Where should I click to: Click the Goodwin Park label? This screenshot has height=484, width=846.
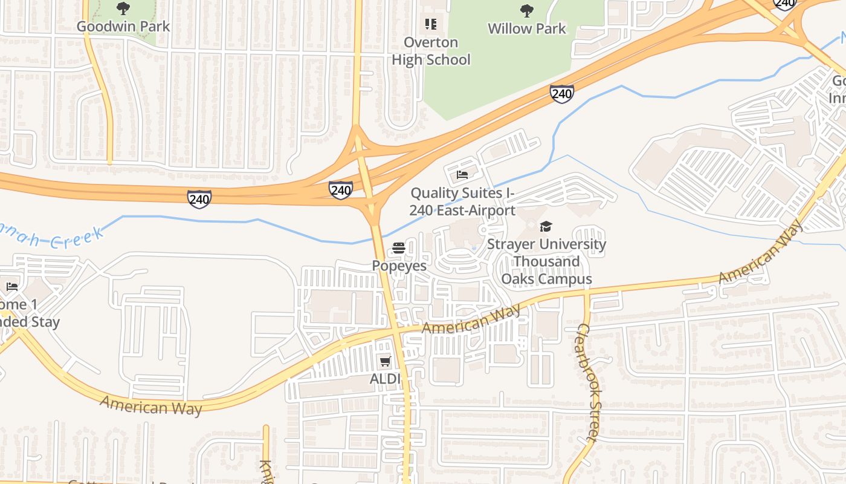coord(123,27)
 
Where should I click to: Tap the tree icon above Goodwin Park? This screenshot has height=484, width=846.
coord(123,8)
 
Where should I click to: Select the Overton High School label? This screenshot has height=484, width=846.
coord(431,51)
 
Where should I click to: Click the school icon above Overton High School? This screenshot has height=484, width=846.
coord(430,24)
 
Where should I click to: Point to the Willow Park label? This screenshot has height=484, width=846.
coord(527,28)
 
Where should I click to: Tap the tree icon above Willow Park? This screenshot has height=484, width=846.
coord(527,10)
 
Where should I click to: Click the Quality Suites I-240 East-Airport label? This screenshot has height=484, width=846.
coord(462,201)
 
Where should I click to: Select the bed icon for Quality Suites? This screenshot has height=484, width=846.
coord(462,175)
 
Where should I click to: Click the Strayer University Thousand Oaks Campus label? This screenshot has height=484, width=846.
coord(546,261)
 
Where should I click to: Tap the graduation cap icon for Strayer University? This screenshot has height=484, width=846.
coord(546,227)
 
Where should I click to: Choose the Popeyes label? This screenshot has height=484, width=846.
coord(399,266)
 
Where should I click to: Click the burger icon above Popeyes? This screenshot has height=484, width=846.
coord(399,248)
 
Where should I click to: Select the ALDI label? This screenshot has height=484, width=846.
coord(386,379)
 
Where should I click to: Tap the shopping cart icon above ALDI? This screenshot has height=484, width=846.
coord(385,362)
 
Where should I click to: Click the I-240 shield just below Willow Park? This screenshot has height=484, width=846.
coord(562,93)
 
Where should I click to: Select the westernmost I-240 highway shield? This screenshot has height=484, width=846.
coord(199,198)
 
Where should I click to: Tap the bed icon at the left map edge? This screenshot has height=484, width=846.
coord(11,287)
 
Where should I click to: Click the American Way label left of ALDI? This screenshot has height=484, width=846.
coord(151,406)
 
